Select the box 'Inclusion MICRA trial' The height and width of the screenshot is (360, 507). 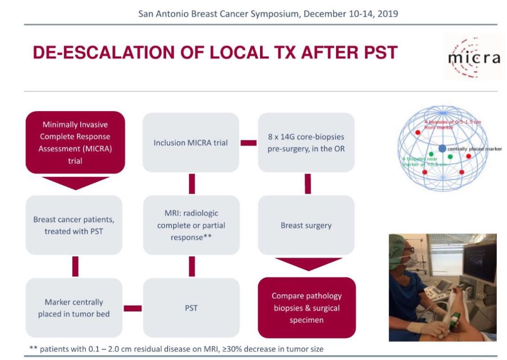191,142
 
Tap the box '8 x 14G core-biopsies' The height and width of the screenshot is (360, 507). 306,142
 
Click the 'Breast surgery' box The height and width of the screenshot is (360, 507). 306,225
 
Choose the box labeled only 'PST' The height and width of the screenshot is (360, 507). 191,308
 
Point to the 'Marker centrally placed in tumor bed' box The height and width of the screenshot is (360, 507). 74,308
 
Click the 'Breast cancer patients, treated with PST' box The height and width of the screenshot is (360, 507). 74,225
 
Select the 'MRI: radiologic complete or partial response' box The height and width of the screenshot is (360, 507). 191,225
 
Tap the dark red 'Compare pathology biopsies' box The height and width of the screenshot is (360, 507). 306,308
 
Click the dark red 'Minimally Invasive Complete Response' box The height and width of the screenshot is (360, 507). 75,142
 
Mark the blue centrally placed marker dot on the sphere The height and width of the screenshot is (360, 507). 442,148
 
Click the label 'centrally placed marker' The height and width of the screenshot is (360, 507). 475,149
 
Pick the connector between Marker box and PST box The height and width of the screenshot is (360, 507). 132,308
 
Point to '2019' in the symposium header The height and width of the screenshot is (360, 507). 388,13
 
